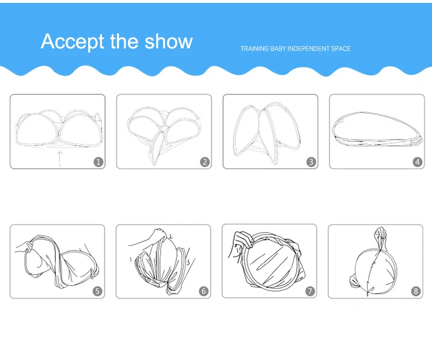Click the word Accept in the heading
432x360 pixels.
pyautogui.click(x=70, y=41)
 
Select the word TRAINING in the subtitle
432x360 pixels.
pyautogui.click(x=253, y=49)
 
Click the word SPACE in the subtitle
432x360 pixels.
pyautogui.click(x=340, y=49)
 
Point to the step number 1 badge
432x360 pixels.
pyautogui.click(x=98, y=162)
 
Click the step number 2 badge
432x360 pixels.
pyautogui.click(x=205, y=162)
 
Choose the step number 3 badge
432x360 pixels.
pyautogui.click(x=311, y=162)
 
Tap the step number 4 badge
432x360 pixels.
pyautogui.click(x=418, y=162)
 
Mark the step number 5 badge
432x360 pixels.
pyautogui.click(x=98, y=291)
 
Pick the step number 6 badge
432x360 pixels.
pyautogui.click(x=204, y=291)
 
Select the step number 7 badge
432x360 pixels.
pyautogui.click(x=310, y=291)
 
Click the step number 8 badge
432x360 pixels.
pyautogui.click(x=416, y=291)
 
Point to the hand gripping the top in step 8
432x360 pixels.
pyautogui.click(x=380, y=233)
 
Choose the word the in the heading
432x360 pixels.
pyautogui.click(x=123, y=41)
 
